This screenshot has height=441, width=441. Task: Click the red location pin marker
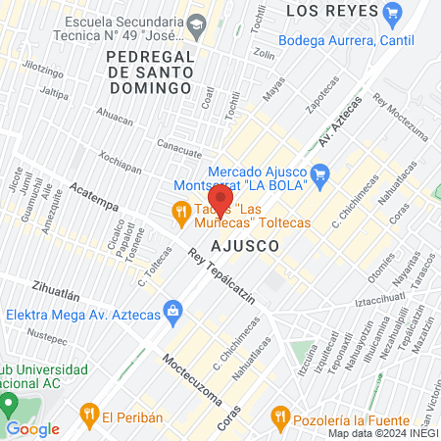pyautogui.click(x=220, y=199)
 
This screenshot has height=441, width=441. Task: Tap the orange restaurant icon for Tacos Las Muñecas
pyautogui.click(x=180, y=210)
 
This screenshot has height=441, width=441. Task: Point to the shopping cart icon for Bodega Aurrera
pyautogui.click(x=394, y=13)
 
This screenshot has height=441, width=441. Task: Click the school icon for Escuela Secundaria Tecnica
pyautogui.click(x=196, y=21)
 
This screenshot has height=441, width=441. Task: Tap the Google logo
pyautogui.click(x=32, y=428)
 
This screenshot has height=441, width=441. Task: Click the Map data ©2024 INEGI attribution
pyautogui.click(x=382, y=433)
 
